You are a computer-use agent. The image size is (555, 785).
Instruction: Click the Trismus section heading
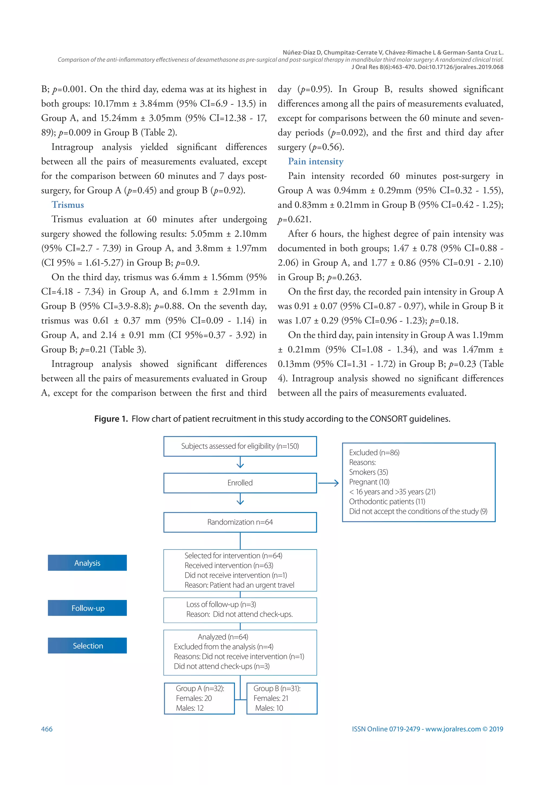tap(68, 205)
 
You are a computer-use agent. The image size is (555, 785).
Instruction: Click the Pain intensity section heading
tap(316, 161)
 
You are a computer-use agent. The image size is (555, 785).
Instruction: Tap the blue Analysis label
tap(87, 563)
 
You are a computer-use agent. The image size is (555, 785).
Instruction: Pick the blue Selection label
tap(87, 645)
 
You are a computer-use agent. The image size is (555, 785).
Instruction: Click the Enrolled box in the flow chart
tap(240, 483)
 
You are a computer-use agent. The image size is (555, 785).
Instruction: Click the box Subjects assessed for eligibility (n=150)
tap(240, 446)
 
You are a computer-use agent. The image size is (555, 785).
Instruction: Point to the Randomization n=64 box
tap(240, 522)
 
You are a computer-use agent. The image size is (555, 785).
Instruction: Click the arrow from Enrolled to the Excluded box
tap(328, 483)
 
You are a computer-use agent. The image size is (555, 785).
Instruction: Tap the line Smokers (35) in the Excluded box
tap(368, 472)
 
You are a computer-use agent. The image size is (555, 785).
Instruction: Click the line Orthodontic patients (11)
tap(387, 502)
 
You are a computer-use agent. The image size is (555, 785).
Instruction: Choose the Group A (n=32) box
tap(199, 698)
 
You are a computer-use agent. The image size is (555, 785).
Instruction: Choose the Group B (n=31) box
tap(282, 698)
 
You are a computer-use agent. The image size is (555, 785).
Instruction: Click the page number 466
tap(47, 729)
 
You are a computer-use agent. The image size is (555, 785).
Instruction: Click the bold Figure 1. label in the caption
tap(111, 419)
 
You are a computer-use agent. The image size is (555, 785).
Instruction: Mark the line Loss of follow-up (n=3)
tap(221, 605)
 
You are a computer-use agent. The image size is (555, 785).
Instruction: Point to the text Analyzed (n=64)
tap(223, 637)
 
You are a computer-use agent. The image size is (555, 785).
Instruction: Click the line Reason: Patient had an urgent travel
tap(239, 585)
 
